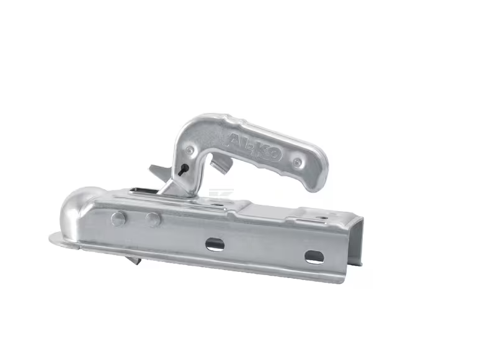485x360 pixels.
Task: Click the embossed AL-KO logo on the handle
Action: (x=255, y=146)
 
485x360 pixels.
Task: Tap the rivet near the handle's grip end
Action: (x=297, y=161)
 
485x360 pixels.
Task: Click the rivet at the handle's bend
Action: (x=189, y=150)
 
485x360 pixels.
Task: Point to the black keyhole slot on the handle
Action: (x=183, y=169)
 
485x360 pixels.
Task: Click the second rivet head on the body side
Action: (x=153, y=219)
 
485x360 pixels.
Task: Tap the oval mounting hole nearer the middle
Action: (x=215, y=243)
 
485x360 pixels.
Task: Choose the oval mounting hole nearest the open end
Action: (x=314, y=257)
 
